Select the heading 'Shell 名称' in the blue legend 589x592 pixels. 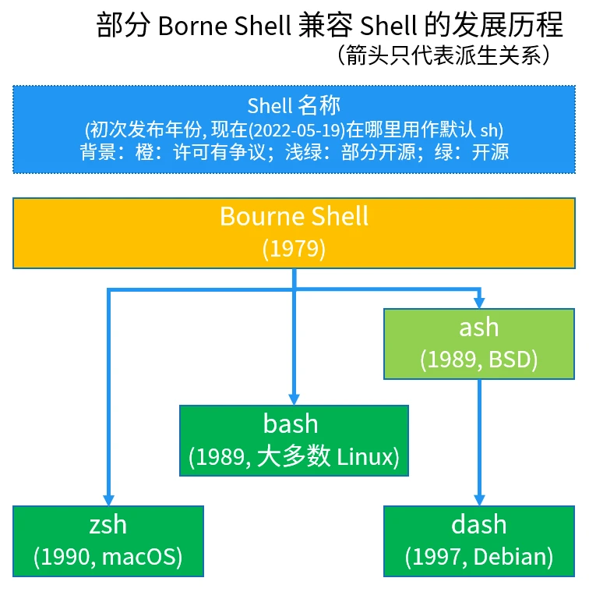point(294,105)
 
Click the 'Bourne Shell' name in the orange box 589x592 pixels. point(294,216)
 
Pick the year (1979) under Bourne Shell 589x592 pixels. point(294,249)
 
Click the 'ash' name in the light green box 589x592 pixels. point(478,328)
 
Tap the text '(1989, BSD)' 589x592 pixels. point(478,360)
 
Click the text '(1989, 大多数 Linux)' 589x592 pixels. point(294,457)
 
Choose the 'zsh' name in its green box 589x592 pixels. point(108,524)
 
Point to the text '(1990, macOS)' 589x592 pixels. point(108,557)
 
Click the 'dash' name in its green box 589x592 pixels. point(478,524)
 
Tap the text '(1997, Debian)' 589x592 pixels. point(478,557)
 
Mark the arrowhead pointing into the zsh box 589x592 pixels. point(108,500)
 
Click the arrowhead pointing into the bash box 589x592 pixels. point(294,399)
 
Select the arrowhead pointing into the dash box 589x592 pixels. point(478,500)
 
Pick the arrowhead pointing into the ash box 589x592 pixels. point(478,302)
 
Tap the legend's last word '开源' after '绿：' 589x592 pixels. point(490,151)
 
